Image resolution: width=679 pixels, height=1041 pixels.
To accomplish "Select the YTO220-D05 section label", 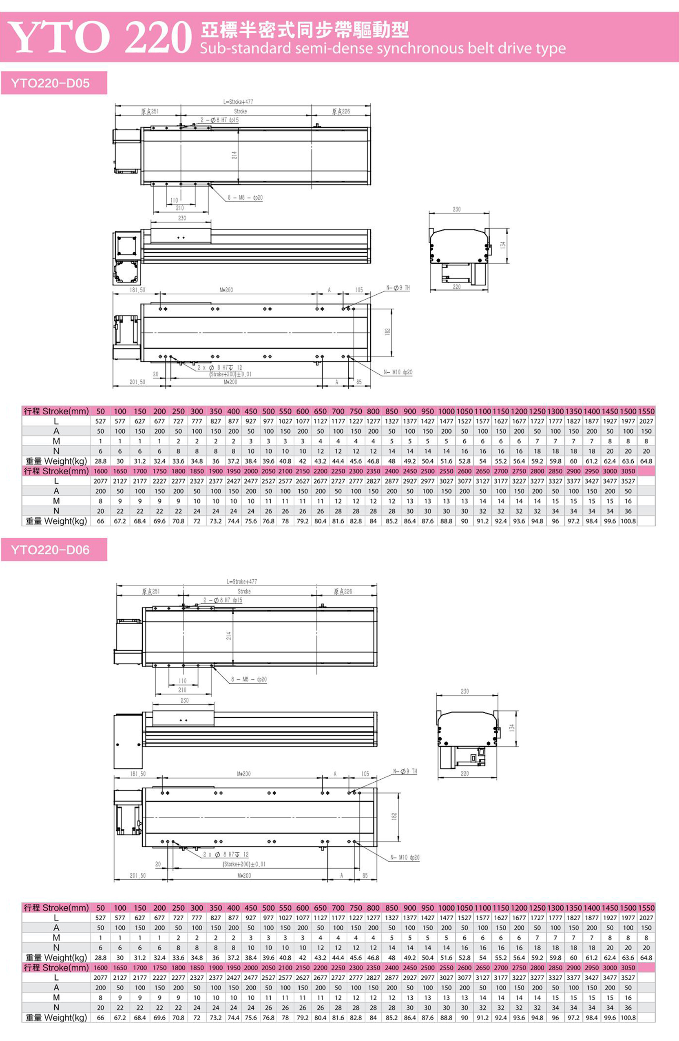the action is [x=50, y=83].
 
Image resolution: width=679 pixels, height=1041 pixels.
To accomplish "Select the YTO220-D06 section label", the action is [x=50, y=550].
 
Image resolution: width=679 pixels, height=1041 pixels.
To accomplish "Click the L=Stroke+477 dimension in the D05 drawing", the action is [x=238, y=102].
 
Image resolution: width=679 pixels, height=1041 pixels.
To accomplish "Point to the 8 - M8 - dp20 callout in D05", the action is [x=245, y=198].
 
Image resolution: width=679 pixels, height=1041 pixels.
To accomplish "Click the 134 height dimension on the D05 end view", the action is [x=503, y=245].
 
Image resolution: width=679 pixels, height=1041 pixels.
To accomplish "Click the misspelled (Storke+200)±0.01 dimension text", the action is [x=244, y=864].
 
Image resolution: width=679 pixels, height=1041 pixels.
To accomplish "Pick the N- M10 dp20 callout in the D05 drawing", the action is [x=398, y=372].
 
